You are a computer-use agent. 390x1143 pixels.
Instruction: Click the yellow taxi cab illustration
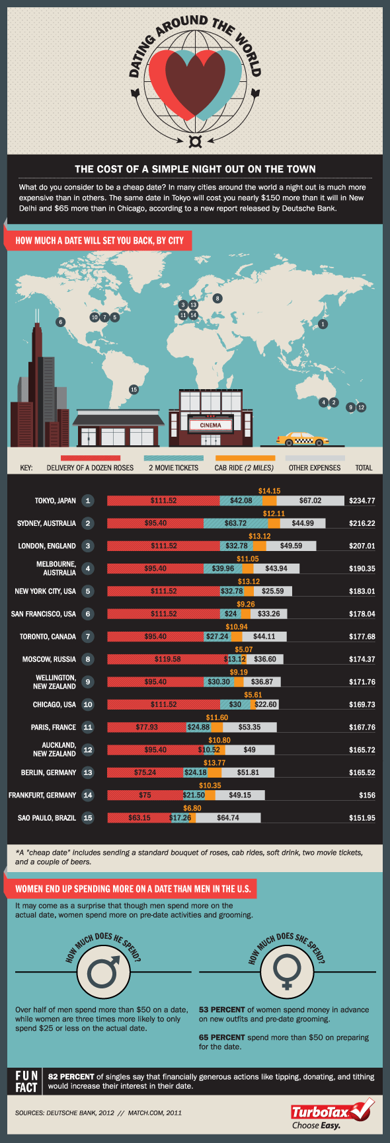[302, 439]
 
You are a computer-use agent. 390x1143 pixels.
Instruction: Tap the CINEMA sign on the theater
[210, 425]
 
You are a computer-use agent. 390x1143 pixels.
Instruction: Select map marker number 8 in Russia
[217, 298]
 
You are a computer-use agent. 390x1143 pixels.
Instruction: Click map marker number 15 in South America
[134, 389]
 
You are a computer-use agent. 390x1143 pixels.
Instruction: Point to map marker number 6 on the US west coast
[61, 322]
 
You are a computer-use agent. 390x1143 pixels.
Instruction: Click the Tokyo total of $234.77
[362, 501]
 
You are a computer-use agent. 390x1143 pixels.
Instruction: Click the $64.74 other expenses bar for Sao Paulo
[227, 818]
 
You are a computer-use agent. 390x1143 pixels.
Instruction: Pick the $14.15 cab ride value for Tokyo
[269, 491]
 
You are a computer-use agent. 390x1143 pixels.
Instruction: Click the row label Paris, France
[54, 727]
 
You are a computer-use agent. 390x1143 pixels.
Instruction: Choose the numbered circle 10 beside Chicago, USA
[88, 704]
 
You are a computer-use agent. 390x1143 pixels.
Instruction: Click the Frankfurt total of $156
[367, 795]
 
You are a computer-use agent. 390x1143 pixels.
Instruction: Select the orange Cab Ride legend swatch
[245, 458]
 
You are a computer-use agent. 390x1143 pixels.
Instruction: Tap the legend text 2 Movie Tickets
[173, 468]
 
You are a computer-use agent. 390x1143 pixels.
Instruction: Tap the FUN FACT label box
[26, 1082]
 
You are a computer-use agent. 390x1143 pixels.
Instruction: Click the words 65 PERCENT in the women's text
[217, 1037]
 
